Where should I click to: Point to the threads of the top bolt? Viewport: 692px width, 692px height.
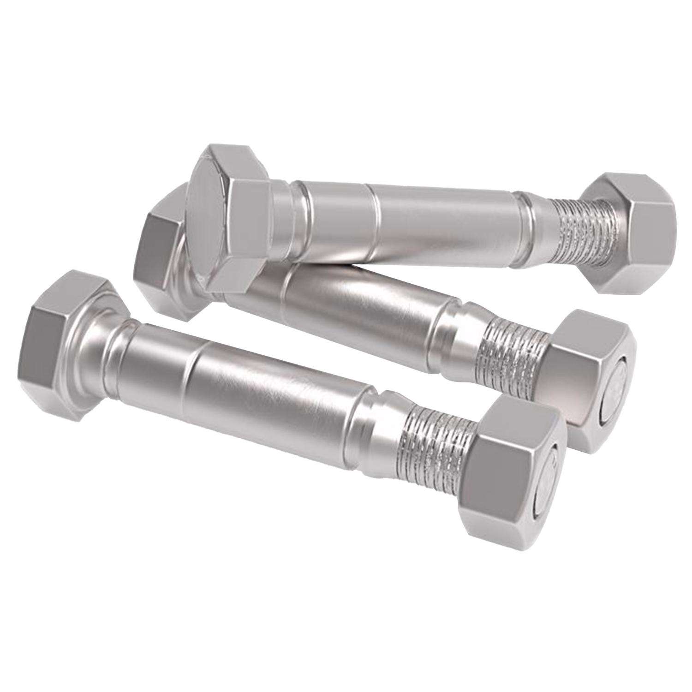coord(581,231)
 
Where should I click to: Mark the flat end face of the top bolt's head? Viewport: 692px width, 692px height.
coord(208,226)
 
